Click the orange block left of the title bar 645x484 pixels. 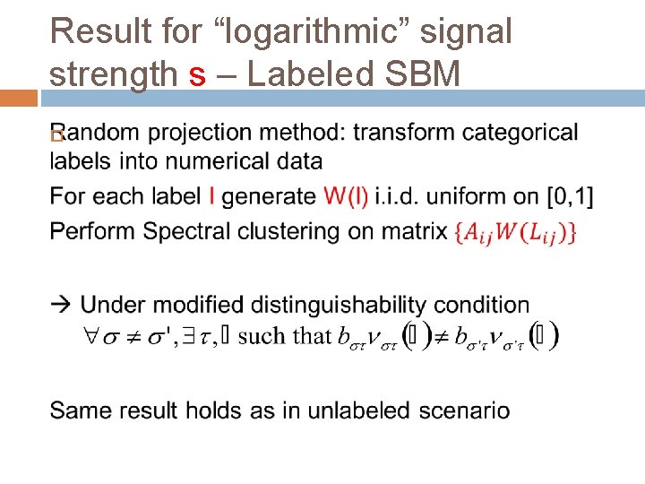[x=19, y=98]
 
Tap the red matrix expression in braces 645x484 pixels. [x=516, y=232]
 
